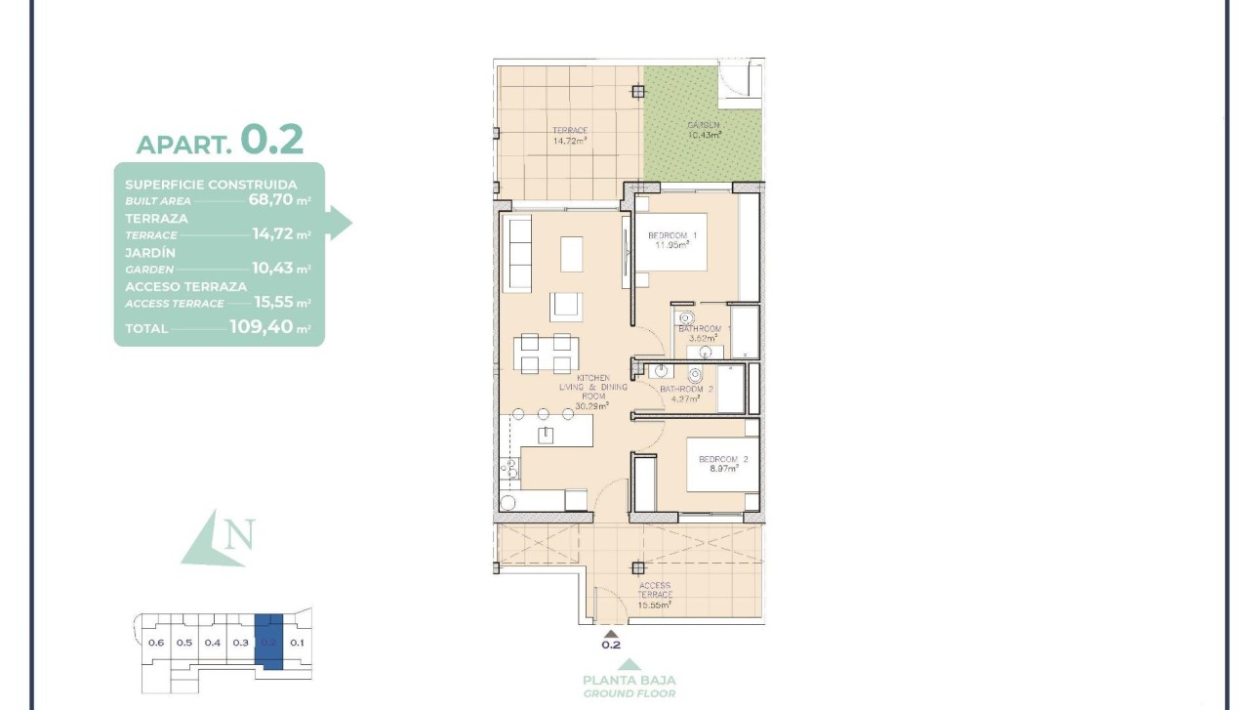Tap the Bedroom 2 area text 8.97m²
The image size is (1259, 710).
coord(724,469)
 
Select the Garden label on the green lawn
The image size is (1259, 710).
coord(703,125)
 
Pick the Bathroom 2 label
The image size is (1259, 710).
coord(687,390)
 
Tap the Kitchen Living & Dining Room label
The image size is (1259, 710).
coord(592,387)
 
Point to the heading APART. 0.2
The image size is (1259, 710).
coord(220,142)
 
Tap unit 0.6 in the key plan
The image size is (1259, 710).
coord(155,643)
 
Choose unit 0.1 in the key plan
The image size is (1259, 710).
coord(298,643)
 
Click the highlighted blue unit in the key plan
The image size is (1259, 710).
coord(269,642)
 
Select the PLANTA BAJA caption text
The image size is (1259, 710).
coord(629,680)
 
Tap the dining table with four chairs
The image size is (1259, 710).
coord(547,354)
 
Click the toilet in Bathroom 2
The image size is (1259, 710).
coord(695,375)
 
